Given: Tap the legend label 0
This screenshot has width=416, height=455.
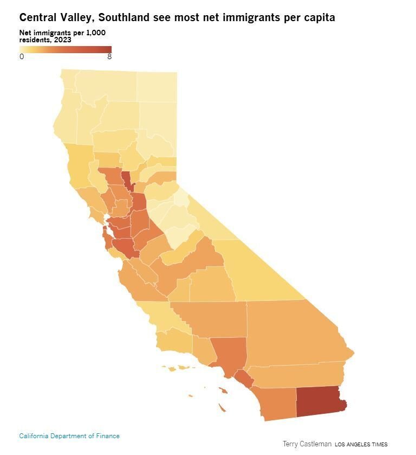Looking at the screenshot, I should click(22, 56).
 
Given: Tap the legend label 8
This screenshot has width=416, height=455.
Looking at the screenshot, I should click(109, 56).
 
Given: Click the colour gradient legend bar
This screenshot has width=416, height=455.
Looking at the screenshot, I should click(65, 49).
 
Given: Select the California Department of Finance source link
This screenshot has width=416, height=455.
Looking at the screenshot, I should click(69, 435).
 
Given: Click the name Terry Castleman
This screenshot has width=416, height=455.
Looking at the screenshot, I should click(307, 444).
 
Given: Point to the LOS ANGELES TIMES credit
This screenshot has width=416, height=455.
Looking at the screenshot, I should click(361, 444).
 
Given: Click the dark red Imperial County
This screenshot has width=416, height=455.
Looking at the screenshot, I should click(320, 401).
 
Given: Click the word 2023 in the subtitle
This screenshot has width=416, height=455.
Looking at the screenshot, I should click(63, 40).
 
